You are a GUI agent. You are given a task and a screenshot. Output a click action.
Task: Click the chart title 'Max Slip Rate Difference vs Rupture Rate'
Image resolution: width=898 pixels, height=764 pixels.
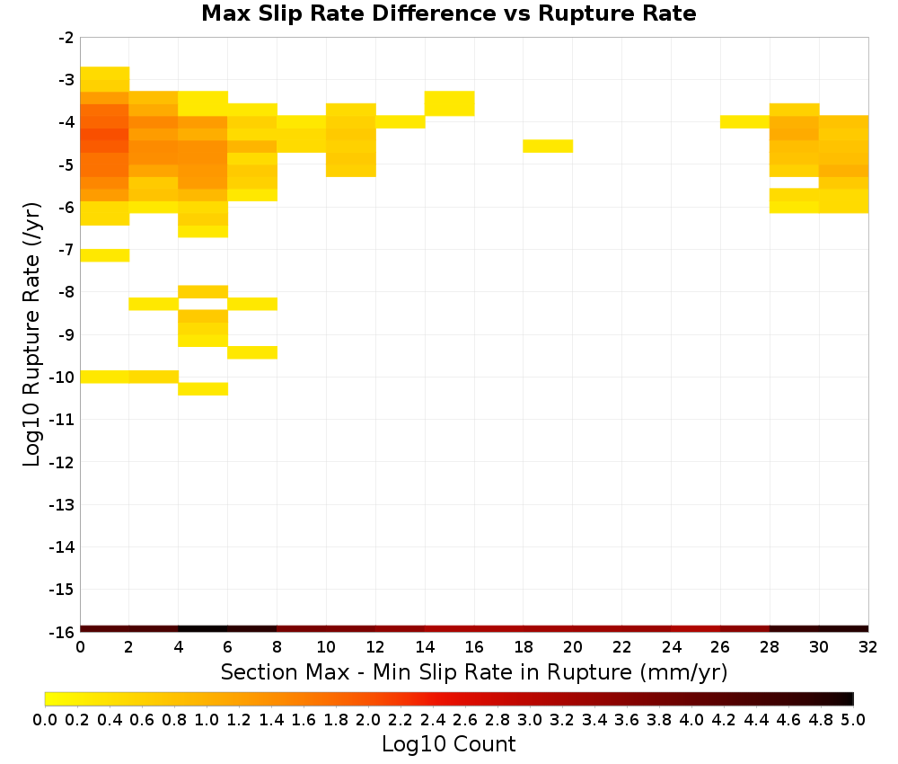click(x=448, y=13)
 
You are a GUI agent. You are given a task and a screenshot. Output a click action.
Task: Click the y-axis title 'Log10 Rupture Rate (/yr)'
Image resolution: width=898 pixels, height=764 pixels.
click(x=31, y=334)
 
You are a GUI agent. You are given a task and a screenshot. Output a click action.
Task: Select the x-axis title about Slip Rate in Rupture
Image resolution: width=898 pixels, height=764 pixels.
click(x=473, y=671)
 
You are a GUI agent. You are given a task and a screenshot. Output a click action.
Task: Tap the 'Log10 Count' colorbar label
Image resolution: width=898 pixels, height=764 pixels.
click(x=448, y=744)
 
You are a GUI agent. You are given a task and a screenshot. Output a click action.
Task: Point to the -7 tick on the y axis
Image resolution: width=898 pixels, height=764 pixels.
click(x=66, y=249)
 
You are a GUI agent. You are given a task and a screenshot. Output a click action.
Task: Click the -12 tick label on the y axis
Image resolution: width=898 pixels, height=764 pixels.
click(x=62, y=462)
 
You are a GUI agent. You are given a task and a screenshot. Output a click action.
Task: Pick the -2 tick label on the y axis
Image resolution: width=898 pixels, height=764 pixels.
click(x=66, y=38)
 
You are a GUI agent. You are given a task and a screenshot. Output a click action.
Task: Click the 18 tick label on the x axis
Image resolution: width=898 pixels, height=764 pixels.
click(x=524, y=647)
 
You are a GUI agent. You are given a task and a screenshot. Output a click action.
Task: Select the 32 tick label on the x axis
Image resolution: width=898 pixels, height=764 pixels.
click(x=868, y=647)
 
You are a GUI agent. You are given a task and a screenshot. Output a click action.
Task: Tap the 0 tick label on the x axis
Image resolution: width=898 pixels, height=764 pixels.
click(x=80, y=647)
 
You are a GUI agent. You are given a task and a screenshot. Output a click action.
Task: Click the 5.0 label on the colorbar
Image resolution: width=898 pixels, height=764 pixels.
click(x=853, y=719)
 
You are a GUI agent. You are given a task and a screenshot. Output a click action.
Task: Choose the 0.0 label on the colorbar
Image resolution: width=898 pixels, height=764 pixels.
click(x=45, y=719)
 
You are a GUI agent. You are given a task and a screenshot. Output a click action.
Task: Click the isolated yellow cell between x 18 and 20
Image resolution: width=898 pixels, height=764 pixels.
click(x=548, y=147)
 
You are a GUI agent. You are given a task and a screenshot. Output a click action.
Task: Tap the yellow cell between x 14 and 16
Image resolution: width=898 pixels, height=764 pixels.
click(x=449, y=103)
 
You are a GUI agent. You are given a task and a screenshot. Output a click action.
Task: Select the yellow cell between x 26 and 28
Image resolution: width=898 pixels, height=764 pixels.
click(x=744, y=122)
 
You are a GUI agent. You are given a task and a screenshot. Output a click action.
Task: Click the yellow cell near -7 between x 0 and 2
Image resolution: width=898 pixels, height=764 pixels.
click(x=105, y=255)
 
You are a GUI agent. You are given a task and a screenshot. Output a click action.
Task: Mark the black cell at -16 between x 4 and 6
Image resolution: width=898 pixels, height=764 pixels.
click(x=203, y=629)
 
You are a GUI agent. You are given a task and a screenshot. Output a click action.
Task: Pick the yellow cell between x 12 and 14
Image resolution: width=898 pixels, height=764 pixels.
click(x=400, y=122)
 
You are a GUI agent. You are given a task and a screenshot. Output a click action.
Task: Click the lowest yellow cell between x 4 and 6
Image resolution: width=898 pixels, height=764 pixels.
click(x=203, y=388)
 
